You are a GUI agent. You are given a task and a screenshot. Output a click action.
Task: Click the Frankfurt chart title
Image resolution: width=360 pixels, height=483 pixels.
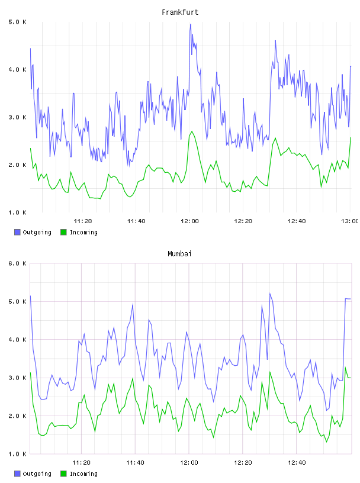click(x=180, y=12)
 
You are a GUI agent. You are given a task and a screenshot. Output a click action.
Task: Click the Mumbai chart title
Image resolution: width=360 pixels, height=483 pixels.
click(x=179, y=254)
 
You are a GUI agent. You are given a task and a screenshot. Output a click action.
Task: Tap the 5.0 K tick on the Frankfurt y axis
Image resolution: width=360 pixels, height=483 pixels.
click(x=17, y=22)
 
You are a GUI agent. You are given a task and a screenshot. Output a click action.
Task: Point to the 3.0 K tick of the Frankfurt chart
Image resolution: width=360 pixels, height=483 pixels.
click(x=17, y=117)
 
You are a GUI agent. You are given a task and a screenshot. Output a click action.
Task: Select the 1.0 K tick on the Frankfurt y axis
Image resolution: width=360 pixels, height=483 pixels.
click(x=17, y=212)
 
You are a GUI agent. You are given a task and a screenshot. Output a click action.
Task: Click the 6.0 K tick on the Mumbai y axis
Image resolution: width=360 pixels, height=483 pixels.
click(x=17, y=263)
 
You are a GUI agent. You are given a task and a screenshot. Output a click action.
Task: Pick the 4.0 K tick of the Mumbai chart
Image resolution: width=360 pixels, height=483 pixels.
click(x=17, y=339)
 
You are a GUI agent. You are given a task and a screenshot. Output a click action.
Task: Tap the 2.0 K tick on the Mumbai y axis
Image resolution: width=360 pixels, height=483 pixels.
click(x=17, y=416)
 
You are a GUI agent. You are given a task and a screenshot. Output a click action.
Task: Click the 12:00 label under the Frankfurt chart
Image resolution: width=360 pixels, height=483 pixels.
click(x=189, y=221)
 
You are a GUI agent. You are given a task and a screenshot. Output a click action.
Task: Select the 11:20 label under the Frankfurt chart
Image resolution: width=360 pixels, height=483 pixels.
click(x=83, y=221)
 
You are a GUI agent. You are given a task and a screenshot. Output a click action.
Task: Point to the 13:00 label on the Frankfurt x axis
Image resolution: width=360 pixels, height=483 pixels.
click(x=350, y=221)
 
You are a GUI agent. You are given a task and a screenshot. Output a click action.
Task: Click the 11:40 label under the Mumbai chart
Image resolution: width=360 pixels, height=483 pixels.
click(x=135, y=462)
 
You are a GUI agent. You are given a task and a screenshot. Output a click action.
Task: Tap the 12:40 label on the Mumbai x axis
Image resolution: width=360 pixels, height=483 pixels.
click(x=297, y=462)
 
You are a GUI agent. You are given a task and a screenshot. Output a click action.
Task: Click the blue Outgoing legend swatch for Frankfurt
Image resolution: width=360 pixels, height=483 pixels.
click(x=17, y=232)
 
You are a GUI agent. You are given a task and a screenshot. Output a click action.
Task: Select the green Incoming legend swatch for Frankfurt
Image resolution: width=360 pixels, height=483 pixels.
click(x=63, y=232)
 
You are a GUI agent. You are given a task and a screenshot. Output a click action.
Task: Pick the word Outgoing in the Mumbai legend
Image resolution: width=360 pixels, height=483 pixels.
click(x=37, y=474)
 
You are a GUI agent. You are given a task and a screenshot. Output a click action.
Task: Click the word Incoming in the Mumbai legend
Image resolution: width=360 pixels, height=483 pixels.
click(x=83, y=474)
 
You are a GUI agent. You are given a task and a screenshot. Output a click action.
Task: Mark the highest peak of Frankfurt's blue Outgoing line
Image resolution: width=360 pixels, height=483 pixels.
click(x=191, y=24)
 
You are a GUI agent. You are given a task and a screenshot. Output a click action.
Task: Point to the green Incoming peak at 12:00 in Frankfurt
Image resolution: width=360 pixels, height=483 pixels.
click(x=192, y=131)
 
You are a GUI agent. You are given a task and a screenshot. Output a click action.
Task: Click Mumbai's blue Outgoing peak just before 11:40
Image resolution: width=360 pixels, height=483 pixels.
click(x=133, y=304)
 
